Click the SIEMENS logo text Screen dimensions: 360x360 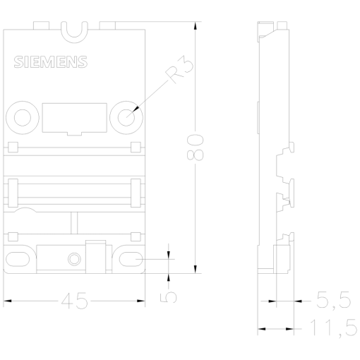pos(51,61)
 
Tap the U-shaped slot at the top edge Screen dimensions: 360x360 pos(73,30)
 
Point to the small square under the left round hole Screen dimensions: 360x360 pos(13,147)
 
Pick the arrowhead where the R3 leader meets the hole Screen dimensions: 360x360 pos(133,111)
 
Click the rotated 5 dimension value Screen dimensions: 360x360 pos(168,295)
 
